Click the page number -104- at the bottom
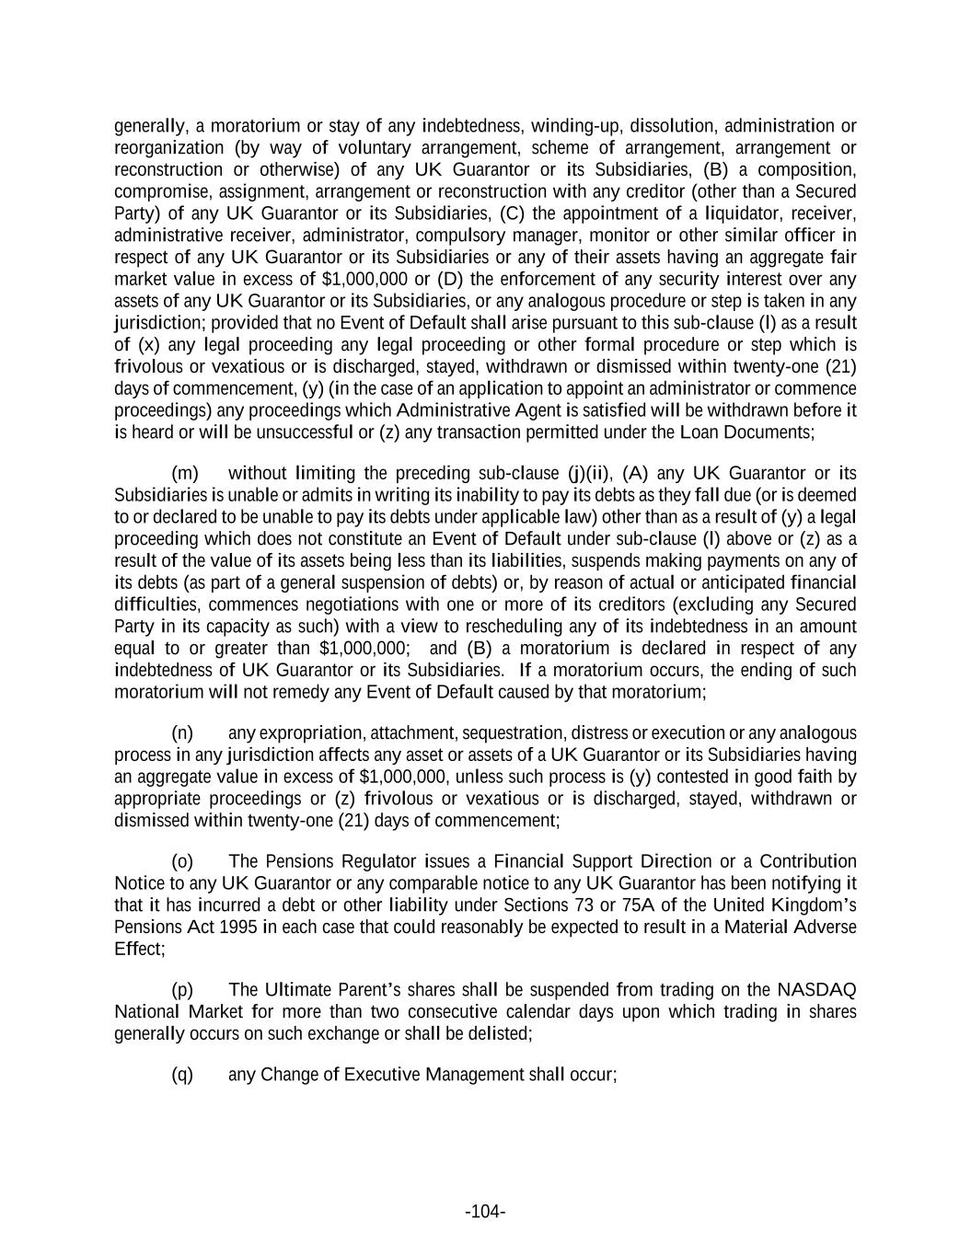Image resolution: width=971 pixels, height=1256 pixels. point(485,1211)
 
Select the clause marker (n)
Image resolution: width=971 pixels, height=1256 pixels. point(182,732)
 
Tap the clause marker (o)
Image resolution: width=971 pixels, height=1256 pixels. point(182,861)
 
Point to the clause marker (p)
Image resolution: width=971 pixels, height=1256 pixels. point(182,990)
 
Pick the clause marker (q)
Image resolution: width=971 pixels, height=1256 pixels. point(182,1074)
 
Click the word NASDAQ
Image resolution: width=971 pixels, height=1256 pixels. point(816,990)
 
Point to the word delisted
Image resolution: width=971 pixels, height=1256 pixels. point(501,1033)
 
